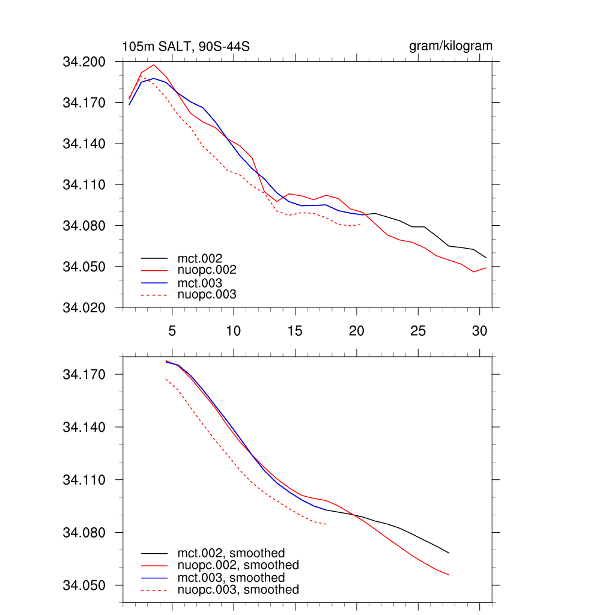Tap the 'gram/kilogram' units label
[x=450, y=46]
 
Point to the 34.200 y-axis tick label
[x=84, y=62]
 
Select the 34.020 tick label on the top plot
[x=84, y=307]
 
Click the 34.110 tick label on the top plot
[x=84, y=185]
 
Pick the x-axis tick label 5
[x=172, y=331]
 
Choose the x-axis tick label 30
[x=479, y=331]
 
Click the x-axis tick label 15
[x=295, y=331]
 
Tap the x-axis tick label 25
[x=418, y=331]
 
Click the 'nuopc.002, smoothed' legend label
[x=238, y=565]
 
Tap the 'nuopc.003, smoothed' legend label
[x=238, y=590]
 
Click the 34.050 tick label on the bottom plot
[x=84, y=586]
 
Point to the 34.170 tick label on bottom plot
[x=84, y=375]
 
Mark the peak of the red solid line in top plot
[x=154, y=65]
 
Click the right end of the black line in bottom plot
[x=449, y=553]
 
